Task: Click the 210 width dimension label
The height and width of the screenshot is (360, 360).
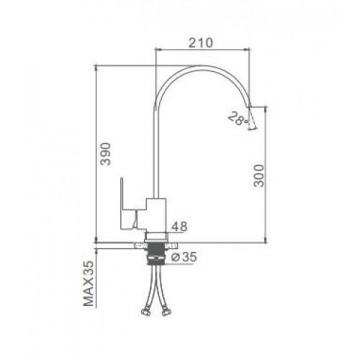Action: click(x=201, y=43)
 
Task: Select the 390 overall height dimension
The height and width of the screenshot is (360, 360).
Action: click(x=106, y=154)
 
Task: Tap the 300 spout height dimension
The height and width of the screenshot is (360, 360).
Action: click(x=259, y=176)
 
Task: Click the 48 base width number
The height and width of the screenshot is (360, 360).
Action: click(x=179, y=227)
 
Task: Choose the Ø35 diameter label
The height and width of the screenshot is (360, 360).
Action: click(x=184, y=257)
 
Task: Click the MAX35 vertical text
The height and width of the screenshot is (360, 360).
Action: click(x=89, y=283)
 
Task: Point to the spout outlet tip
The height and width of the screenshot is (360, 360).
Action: click(x=249, y=106)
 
